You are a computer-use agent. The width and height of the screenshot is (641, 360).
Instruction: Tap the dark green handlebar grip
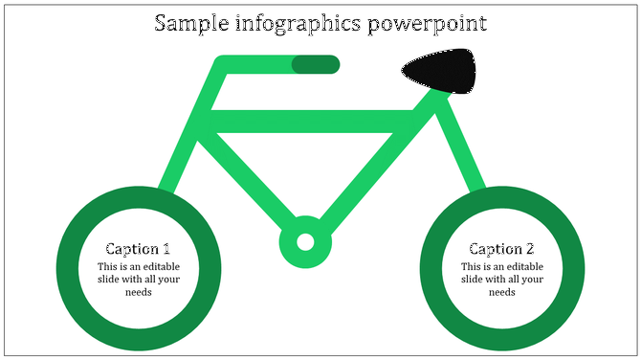[x=316, y=64]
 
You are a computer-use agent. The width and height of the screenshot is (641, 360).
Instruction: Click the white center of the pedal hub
[x=305, y=241]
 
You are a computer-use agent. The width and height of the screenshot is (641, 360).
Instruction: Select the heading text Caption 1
[x=138, y=248]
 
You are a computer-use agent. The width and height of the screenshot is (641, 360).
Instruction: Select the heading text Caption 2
[x=501, y=248]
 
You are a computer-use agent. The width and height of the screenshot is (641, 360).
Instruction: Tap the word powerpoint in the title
[x=433, y=23]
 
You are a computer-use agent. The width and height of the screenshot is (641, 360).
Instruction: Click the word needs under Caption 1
[x=139, y=292]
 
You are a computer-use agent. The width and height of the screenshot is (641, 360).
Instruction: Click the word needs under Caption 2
[x=502, y=292]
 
